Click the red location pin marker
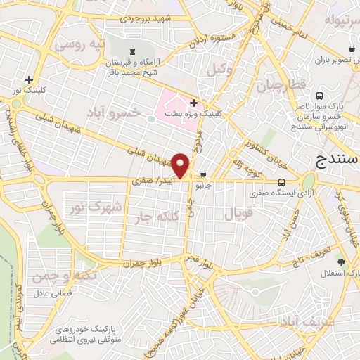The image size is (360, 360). (181, 166)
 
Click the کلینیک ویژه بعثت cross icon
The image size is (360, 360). (193, 103)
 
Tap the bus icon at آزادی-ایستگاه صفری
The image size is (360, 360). (281, 181)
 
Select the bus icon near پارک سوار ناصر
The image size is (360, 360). (320, 95)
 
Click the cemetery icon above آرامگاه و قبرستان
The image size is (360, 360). (132, 51)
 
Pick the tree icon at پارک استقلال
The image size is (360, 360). (341, 263)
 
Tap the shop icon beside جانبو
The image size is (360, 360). (204, 175)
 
